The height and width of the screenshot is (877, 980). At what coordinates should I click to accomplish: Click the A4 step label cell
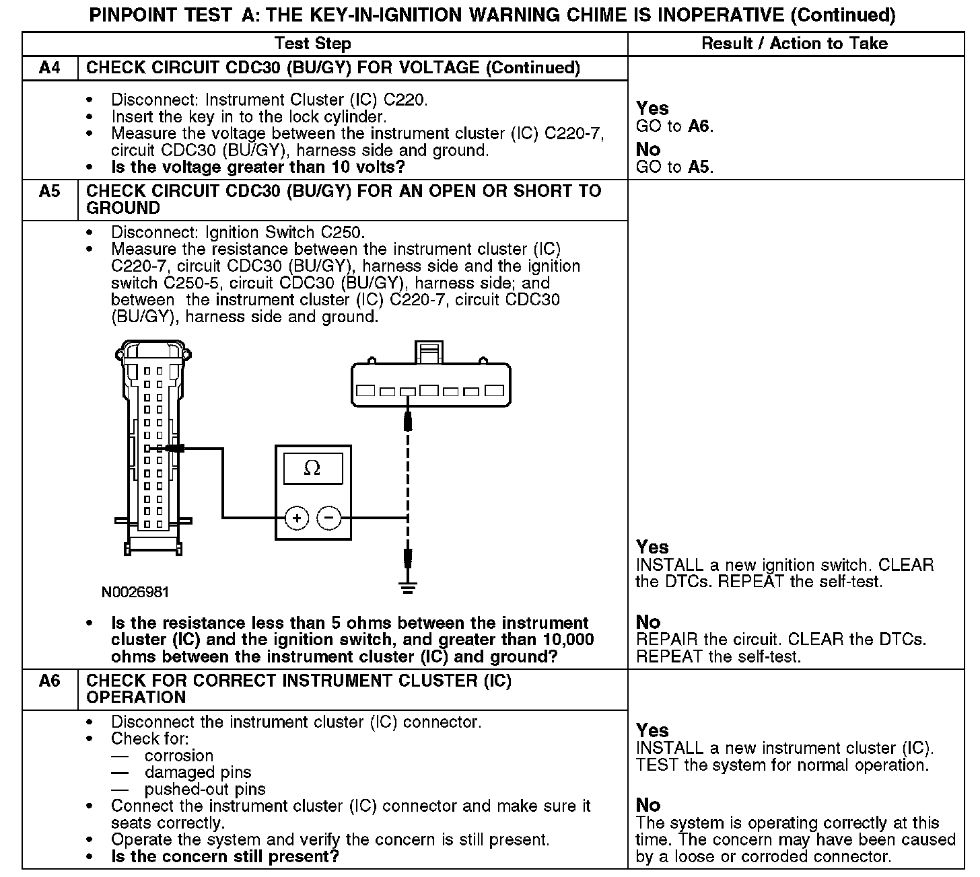[x=50, y=67]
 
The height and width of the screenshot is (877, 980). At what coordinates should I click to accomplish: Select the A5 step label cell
[x=50, y=191]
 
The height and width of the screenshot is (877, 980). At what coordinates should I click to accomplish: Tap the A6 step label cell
[x=50, y=681]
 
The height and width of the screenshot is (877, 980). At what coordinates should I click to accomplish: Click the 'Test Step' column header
[x=313, y=44]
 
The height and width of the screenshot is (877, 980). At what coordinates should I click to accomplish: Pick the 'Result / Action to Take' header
[x=794, y=44]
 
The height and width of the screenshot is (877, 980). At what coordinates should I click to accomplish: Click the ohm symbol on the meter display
[x=312, y=468]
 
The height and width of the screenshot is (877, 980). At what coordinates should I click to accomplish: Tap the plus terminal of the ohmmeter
[x=297, y=518]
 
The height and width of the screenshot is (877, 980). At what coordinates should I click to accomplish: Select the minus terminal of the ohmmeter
[x=329, y=518]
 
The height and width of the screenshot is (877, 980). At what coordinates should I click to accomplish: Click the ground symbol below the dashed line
[x=407, y=587]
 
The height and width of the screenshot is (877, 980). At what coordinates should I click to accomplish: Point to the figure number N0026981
[x=135, y=593]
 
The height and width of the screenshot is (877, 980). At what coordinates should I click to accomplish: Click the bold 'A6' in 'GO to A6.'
[x=699, y=126]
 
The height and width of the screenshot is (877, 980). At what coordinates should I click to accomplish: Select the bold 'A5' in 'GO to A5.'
[x=699, y=167]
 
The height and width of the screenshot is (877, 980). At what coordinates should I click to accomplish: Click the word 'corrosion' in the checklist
[x=179, y=755]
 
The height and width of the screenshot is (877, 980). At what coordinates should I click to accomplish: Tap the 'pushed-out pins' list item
[x=205, y=789]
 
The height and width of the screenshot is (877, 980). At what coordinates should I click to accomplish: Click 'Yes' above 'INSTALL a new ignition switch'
[x=652, y=547]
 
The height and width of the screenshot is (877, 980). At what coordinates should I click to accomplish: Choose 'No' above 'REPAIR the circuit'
[x=648, y=621]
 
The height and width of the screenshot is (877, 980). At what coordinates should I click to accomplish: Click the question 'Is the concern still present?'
[x=225, y=856]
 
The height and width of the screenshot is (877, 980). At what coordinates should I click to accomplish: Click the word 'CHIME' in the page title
[x=600, y=15]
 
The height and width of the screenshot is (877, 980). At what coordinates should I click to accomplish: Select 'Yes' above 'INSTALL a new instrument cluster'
[x=652, y=730]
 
